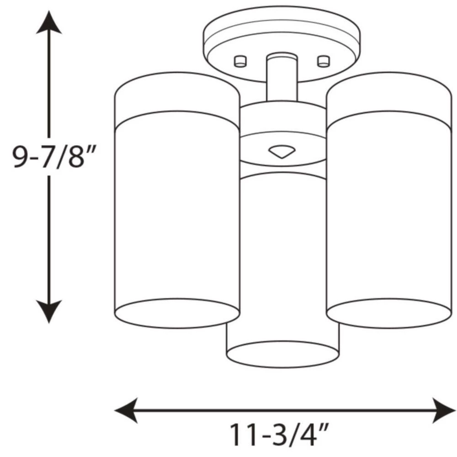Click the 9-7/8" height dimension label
click(54, 157)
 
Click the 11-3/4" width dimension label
click(279, 435)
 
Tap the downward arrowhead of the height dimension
click(49, 312)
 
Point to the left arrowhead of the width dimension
click(126, 410)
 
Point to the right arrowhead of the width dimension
click(444, 410)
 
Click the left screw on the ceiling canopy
click(240, 61)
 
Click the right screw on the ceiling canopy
click(324, 61)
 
